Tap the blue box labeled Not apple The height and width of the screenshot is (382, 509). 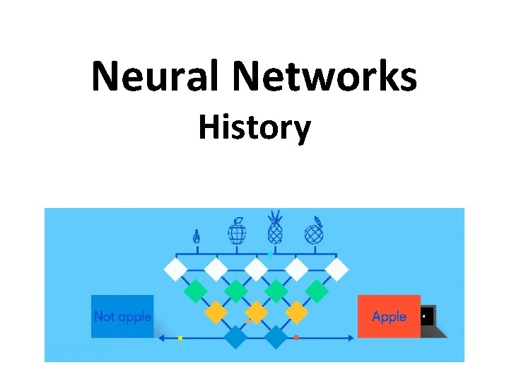coord(122,316)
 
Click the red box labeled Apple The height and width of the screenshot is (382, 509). coord(389,316)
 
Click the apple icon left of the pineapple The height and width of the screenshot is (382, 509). coord(237,231)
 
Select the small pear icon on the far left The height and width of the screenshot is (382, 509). coord(197,236)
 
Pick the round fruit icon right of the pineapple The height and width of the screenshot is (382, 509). coord(314,231)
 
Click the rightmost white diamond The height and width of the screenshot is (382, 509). coord(337,269)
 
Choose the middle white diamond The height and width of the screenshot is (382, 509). coord(256,269)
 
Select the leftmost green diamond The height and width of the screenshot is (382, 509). coord(194,290)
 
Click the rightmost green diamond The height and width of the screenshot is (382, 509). coord(317,290)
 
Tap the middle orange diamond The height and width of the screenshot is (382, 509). coord(256,311)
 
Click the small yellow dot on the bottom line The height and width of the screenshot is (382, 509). coord(180,338)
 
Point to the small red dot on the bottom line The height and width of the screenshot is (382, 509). coord(296,338)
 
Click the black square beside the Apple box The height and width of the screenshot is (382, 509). coord(428,316)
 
